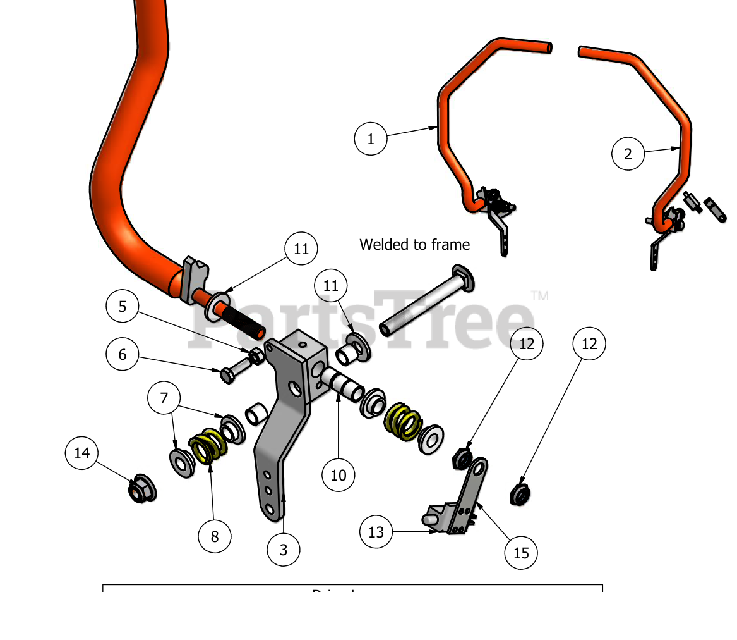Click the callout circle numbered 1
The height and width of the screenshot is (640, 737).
[x=371, y=138]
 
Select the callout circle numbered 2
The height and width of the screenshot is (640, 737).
[x=628, y=154]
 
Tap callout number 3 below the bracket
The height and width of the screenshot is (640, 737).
[x=283, y=550]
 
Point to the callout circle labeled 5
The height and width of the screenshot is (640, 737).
[x=123, y=307]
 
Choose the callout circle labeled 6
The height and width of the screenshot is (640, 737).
[x=123, y=354]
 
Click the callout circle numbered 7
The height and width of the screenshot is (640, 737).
[x=164, y=398]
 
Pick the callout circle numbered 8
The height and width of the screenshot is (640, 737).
[x=215, y=537]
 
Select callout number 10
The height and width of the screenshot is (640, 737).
[x=339, y=474]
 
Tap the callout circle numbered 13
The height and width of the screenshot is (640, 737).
[x=376, y=532]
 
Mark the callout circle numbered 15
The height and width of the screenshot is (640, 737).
[x=521, y=553]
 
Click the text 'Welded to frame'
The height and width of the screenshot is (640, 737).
[x=414, y=245]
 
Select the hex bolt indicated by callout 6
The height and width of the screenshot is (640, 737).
[x=234, y=370]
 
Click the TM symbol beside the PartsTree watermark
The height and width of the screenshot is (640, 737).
[x=539, y=295]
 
